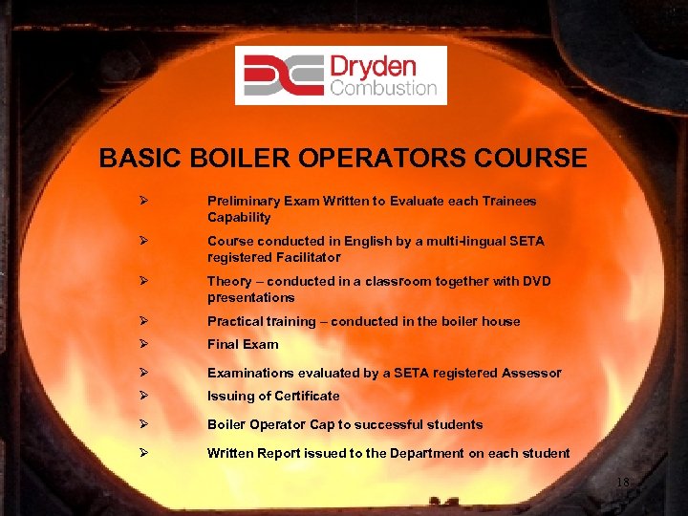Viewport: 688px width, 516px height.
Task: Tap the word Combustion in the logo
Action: [382, 89]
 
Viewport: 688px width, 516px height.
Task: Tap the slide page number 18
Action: [623, 483]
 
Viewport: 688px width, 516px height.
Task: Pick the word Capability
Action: [239, 218]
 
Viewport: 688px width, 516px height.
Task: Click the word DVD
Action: [533, 282]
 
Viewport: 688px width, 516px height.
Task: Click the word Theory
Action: [229, 282]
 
